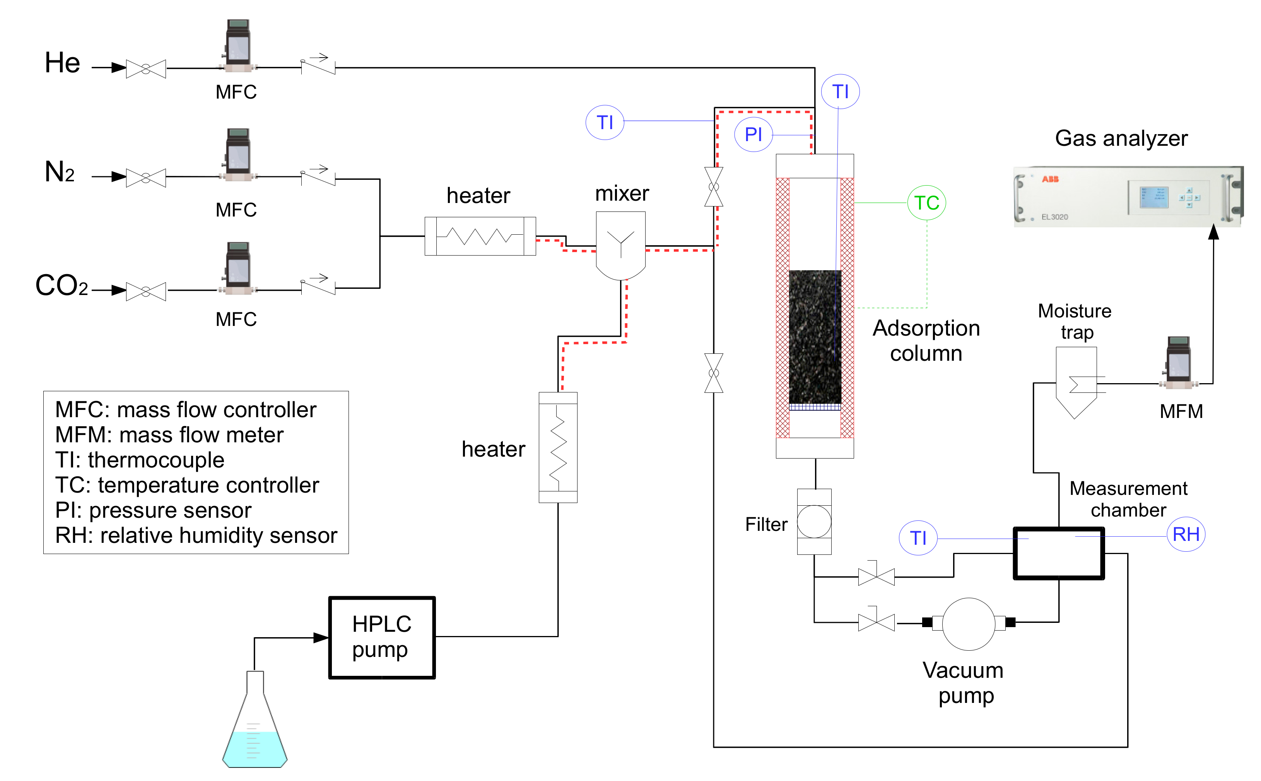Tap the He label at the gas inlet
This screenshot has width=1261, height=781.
pyautogui.click(x=63, y=63)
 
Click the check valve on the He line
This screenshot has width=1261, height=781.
pyautogui.click(x=318, y=65)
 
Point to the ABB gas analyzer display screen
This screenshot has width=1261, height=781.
pyautogui.click(x=1154, y=197)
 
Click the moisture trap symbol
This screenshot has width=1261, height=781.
pyautogui.click(x=1076, y=382)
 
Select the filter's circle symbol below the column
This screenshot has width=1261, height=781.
pyautogui.click(x=814, y=522)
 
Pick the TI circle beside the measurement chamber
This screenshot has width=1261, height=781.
pyautogui.click(x=918, y=538)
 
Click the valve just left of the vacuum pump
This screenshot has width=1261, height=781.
pyautogui.click(x=876, y=622)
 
